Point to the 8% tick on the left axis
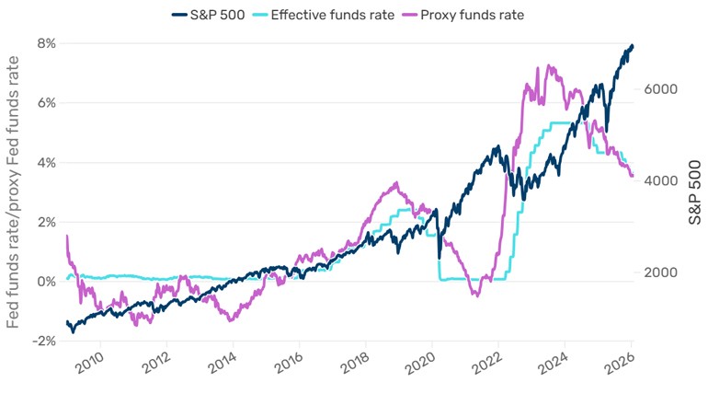pos(45,43)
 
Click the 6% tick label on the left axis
pos(45,103)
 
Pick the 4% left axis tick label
pos(45,163)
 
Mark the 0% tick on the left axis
pos(45,282)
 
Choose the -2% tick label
pos(42,342)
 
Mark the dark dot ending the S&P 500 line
pos(631,47)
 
